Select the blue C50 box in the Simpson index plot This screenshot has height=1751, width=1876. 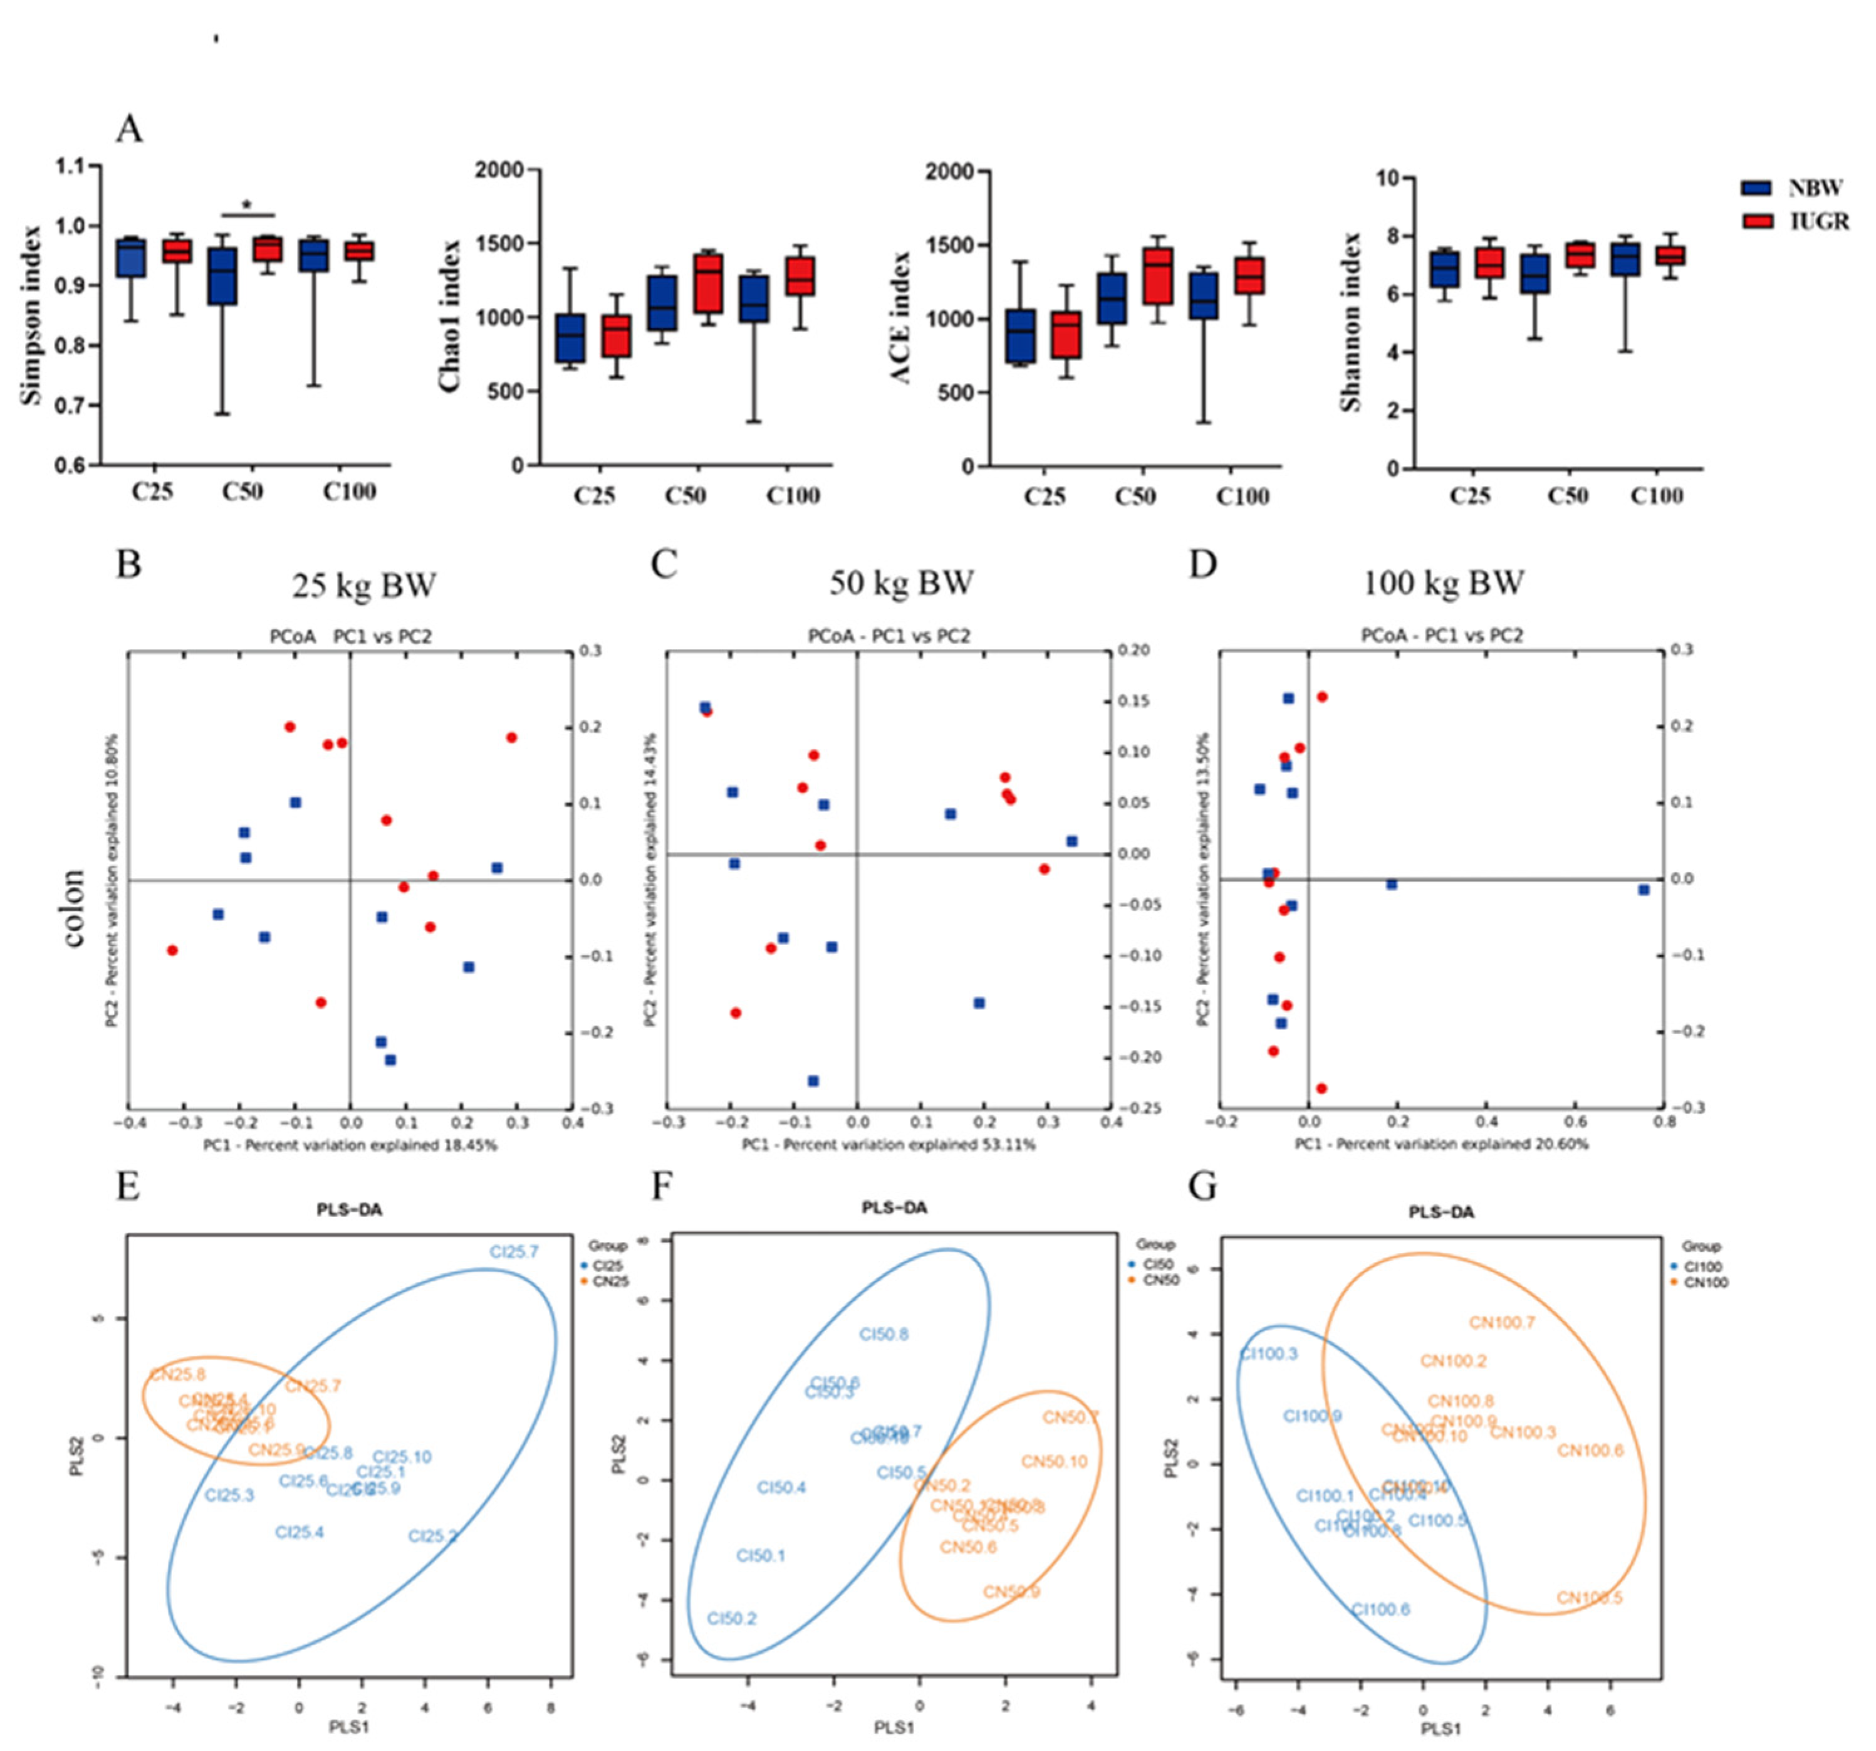click(x=222, y=276)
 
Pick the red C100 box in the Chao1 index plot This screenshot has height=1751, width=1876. click(x=800, y=276)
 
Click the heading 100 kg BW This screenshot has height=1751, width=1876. click(x=1444, y=582)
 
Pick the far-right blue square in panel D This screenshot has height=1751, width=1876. click(x=1644, y=889)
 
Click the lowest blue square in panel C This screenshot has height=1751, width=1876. click(x=813, y=1081)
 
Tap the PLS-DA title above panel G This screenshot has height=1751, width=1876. click(x=1441, y=1212)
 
